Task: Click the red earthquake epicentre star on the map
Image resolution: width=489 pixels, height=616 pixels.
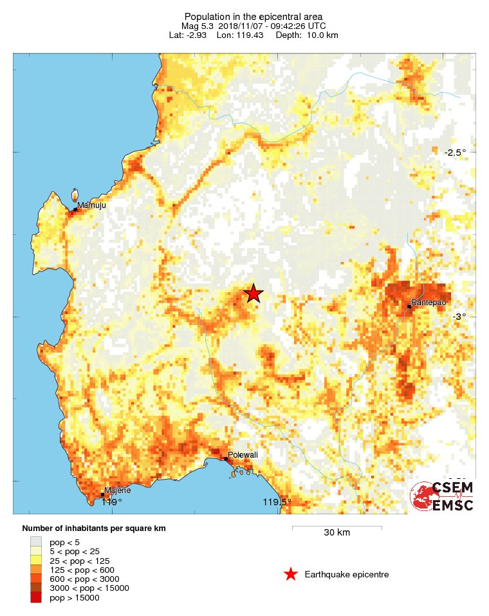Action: point(254,294)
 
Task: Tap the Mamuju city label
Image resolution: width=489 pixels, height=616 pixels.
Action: point(91,205)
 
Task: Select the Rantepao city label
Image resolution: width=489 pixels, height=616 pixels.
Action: point(429,302)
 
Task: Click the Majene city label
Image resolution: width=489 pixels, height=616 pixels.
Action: point(118,490)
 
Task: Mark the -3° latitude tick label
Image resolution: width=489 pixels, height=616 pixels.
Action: point(458,316)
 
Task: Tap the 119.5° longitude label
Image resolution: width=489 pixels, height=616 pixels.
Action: point(277,502)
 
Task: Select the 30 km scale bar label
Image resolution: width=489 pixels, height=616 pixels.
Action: point(337,533)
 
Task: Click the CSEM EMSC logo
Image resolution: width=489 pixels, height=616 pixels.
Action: point(442,496)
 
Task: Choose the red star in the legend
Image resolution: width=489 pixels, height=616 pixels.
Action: point(291,574)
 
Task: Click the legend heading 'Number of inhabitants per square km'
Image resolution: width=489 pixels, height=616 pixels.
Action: point(94,528)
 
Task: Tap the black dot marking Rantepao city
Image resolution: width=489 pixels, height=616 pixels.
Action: point(409,307)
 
